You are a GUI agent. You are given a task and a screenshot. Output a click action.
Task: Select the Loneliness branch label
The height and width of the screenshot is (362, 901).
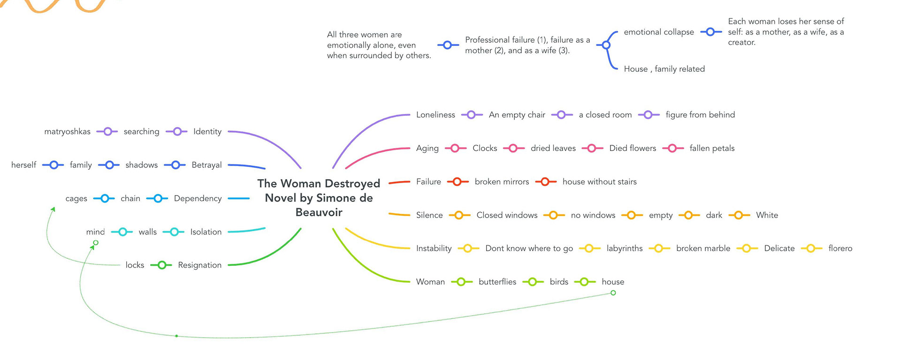(x=435, y=115)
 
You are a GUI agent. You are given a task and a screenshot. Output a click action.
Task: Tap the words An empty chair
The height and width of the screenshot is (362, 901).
(x=517, y=115)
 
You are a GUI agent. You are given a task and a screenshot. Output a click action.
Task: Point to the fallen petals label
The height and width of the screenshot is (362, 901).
(x=712, y=148)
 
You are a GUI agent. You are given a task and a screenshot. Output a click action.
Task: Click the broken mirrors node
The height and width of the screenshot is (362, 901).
(x=502, y=181)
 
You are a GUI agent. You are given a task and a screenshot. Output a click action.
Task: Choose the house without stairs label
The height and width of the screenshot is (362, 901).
(x=599, y=181)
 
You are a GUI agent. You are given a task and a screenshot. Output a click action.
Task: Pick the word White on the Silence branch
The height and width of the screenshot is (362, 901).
(x=767, y=215)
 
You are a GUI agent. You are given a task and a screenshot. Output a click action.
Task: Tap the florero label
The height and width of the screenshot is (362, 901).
(x=840, y=249)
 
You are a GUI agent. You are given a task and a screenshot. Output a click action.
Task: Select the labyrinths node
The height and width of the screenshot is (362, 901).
(x=624, y=249)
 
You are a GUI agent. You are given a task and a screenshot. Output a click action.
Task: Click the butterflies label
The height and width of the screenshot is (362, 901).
(x=497, y=282)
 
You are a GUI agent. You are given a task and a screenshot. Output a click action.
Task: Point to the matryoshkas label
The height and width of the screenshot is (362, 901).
(x=67, y=132)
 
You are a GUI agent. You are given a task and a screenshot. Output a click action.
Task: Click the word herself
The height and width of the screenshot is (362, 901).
(x=23, y=165)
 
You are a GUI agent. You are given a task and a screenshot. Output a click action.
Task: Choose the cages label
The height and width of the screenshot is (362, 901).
(x=76, y=198)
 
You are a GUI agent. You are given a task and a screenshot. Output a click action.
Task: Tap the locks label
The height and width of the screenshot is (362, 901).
(x=135, y=265)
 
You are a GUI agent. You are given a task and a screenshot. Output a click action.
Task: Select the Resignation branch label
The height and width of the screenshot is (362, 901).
(x=199, y=265)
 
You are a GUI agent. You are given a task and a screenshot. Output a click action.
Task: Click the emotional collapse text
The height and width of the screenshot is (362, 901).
(x=658, y=32)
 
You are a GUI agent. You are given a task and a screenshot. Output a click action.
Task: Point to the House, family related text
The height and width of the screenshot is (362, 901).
(x=664, y=69)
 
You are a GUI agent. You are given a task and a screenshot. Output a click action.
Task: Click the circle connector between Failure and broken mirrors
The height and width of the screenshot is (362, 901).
(x=458, y=181)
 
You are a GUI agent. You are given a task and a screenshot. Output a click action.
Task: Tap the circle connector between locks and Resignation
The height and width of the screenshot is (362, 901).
(x=161, y=265)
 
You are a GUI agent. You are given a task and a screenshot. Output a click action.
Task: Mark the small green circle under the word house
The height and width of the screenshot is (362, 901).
(x=613, y=293)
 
